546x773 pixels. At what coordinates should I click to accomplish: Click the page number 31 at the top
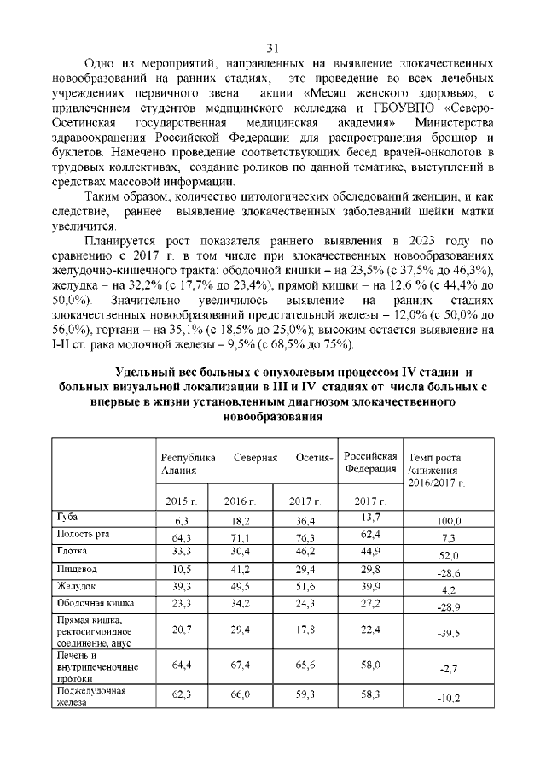pos(273,48)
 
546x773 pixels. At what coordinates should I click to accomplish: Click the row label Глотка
pos(72,551)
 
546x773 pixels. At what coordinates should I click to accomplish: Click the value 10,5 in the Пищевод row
pos(181,570)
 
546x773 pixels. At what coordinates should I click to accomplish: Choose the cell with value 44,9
pos(370,552)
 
